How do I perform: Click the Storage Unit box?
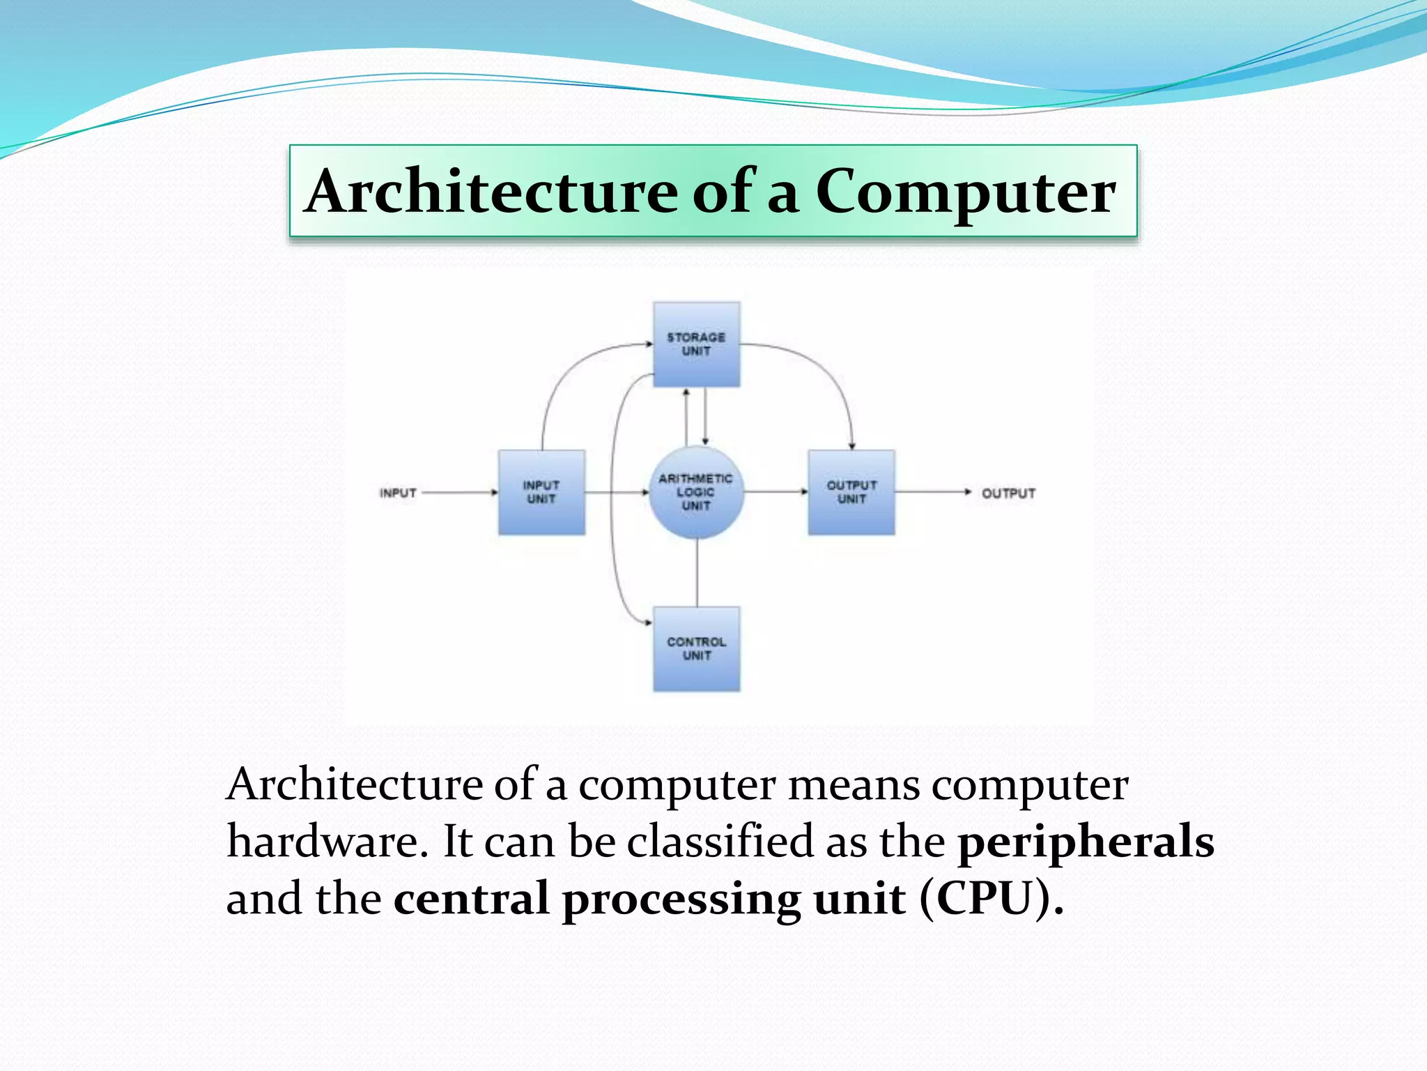click(696, 344)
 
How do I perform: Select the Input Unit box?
click(541, 492)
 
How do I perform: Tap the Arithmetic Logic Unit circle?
click(696, 492)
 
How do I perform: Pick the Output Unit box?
click(851, 492)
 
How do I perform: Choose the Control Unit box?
click(696, 649)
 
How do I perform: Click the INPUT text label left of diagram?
click(398, 493)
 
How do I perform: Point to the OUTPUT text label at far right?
click(1008, 494)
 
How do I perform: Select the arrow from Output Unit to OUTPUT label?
click(930, 492)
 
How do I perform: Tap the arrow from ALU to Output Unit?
click(775, 492)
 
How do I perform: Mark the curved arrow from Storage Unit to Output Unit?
click(822, 370)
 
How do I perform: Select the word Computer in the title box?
click(965, 193)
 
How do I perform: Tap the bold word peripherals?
click(1086, 842)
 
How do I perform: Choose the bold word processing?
click(681, 900)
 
